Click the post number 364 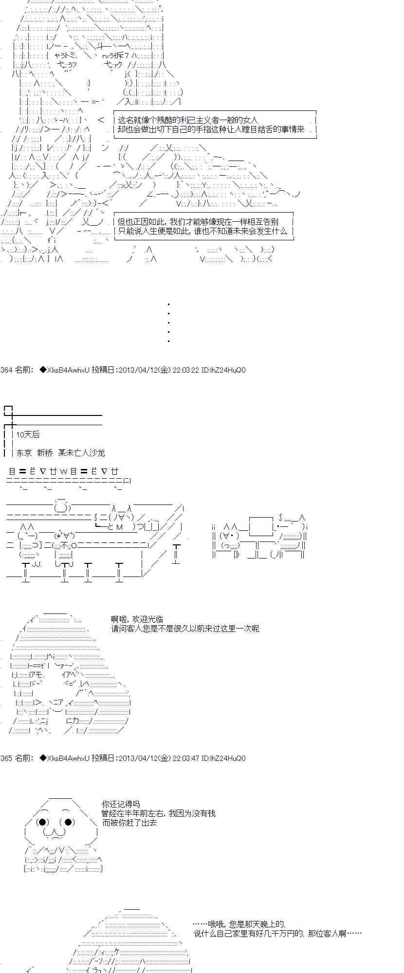(x=6, y=370)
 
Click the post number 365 (x=6, y=758)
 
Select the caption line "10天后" (x=28, y=434)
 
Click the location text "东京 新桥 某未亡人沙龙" (x=60, y=453)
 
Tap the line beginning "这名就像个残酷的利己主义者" (x=188, y=120)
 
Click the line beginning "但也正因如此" (x=198, y=222)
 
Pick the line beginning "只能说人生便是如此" (x=203, y=231)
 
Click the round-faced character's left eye (x=42, y=823)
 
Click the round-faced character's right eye (x=68, y=823)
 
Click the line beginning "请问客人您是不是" (x=185, y=629)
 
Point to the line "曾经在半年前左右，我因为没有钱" (x=159, y=814)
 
